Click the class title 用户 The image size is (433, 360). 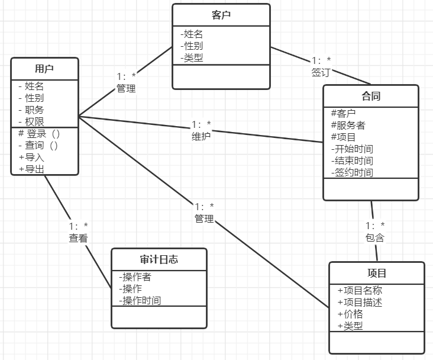click(x=44, y=68)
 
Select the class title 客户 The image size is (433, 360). click(x=221, y=15)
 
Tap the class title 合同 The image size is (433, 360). click(x=370, y=96)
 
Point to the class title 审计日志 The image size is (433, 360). click(x=159, y=259)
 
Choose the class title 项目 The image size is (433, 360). click(x=377, y=273)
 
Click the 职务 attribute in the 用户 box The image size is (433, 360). click(x=34, y=110)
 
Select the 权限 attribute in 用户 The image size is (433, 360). click(x=34, y=121)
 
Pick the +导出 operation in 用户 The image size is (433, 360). click(x=31, y=169)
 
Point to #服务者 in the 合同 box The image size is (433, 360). click(x=348, y=125)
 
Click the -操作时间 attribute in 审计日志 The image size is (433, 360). click(x=140, y=300)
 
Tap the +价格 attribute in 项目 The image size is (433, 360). click(x=350, y=314)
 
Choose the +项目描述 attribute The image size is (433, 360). click(x=360, y=302)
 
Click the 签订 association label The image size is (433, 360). click(x=321, y=72)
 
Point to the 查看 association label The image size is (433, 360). click(x=78, y=238)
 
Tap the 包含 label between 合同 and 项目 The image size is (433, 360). click(x=375, y=237)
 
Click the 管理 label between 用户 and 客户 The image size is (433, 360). click(x=126, y=88)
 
